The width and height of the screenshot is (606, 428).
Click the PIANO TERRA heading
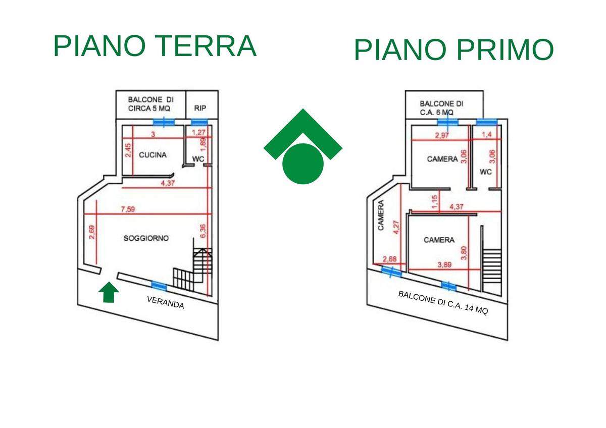[x=155, y=46]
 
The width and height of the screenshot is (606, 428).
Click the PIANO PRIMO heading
[x=453, y=50]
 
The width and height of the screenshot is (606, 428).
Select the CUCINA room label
[x=153, y=155]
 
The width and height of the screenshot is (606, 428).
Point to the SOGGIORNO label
[x=146, y=238]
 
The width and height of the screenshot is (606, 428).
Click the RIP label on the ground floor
[x=200, y=109]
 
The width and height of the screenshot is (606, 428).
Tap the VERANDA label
[x=166, y=302]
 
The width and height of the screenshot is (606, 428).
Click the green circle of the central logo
[x=303, y=163]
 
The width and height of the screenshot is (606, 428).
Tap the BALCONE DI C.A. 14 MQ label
[x=443, y=303]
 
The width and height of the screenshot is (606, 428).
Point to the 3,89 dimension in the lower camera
[x=445, y=264]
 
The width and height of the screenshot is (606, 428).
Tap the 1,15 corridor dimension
[x=434, y=202]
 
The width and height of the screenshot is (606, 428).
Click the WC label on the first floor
[x=485, y=172]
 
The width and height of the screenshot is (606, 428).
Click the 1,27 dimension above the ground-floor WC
[x=200, y=133]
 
